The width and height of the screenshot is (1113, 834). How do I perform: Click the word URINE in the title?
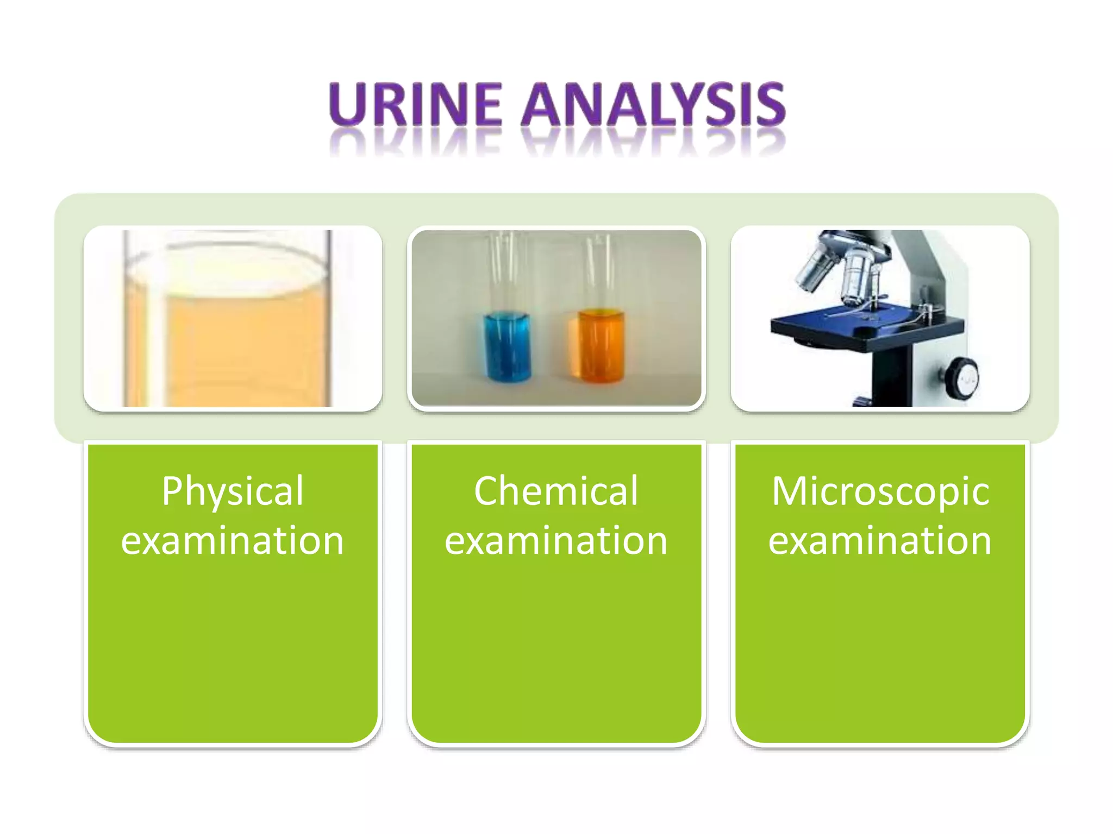(x=415, y=104)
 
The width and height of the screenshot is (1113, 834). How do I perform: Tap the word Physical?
(x=233, y=491)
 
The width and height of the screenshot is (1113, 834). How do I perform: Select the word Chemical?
(x=556, y=491)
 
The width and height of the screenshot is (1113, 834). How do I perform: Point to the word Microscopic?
(x=880, y=491)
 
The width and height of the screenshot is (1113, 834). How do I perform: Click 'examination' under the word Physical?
(x=233, y=541)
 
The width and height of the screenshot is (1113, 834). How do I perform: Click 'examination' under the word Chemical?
(x=556, y=541)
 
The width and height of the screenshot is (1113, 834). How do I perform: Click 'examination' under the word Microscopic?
(x=880, y=541)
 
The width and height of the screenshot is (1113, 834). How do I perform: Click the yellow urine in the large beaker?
(x=245, y=347)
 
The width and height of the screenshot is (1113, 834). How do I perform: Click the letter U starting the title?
(x=347, y=104)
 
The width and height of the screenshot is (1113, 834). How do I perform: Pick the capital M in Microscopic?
(x=791, y=491)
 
